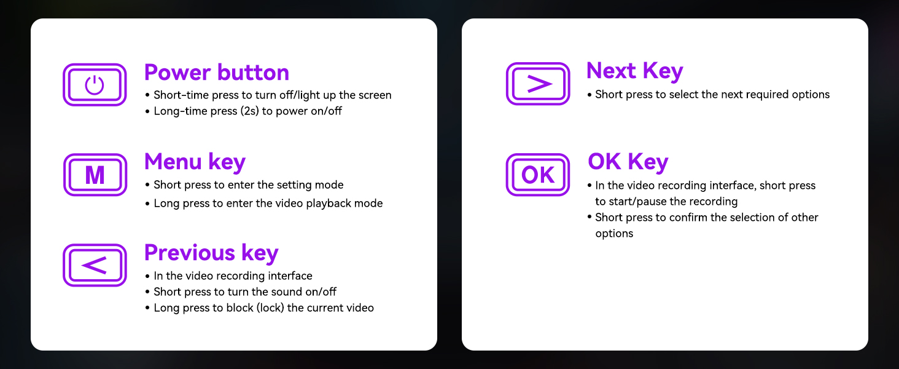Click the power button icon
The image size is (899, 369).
click(x=95, y=85)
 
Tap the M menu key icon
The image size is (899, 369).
click(x=95, y=175)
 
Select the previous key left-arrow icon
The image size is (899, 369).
click(x=95, y=265)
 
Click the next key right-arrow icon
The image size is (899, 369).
click(x=538, y=84)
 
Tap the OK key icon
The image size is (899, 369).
click(x=538, y=175)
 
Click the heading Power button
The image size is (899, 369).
click(x=217, y=73)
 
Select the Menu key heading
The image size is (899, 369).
click(x=195, y=162)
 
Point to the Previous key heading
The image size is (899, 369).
click(x=211, y=253)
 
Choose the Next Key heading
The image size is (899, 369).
click(x=634, y=71)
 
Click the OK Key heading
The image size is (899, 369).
click(x=628, y=162)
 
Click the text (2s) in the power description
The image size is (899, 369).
click(x=250, y=111)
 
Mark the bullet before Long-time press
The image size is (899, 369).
click(x=147, y=111)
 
